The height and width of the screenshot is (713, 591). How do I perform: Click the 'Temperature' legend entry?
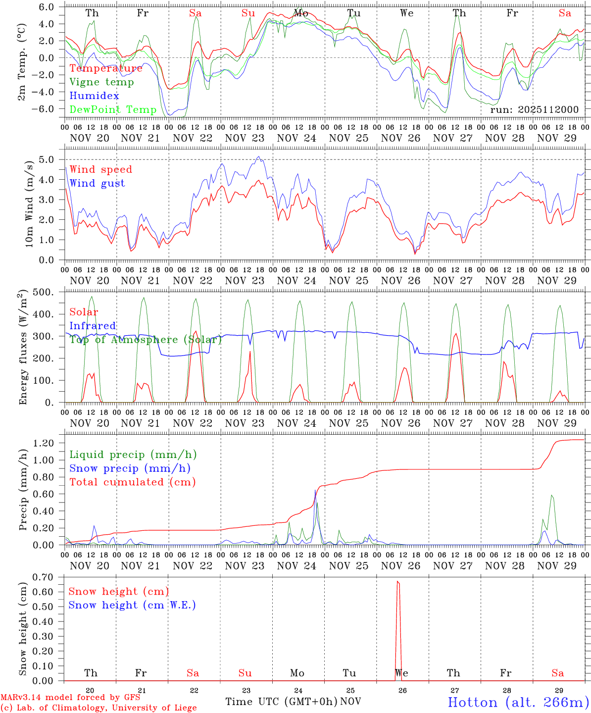coord(105,68)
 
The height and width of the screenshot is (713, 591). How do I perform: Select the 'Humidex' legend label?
coord(94,96)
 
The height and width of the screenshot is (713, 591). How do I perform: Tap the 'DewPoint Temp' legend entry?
coord(113,109)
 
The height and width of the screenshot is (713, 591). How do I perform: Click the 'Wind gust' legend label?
coord(97,183)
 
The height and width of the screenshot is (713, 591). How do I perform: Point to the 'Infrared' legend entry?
coord(93,326)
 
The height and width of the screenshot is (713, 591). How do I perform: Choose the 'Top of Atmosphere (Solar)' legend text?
coord(145,340)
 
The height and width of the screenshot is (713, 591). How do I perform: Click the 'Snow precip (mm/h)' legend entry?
coord(130,468)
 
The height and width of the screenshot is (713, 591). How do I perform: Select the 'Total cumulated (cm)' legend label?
coord(132,482)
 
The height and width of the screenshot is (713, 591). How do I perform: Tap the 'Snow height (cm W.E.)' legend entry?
coord(132,605)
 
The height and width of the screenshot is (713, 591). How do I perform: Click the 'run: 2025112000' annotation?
coord(534,109)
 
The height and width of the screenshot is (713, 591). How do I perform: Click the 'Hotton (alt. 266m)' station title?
coord(518,702)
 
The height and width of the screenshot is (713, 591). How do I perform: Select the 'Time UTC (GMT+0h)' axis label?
coord(281,702)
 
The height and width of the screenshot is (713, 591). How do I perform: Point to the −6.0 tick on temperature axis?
coord(46,108)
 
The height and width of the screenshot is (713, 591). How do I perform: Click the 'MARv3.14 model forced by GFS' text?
coord(70,698)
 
